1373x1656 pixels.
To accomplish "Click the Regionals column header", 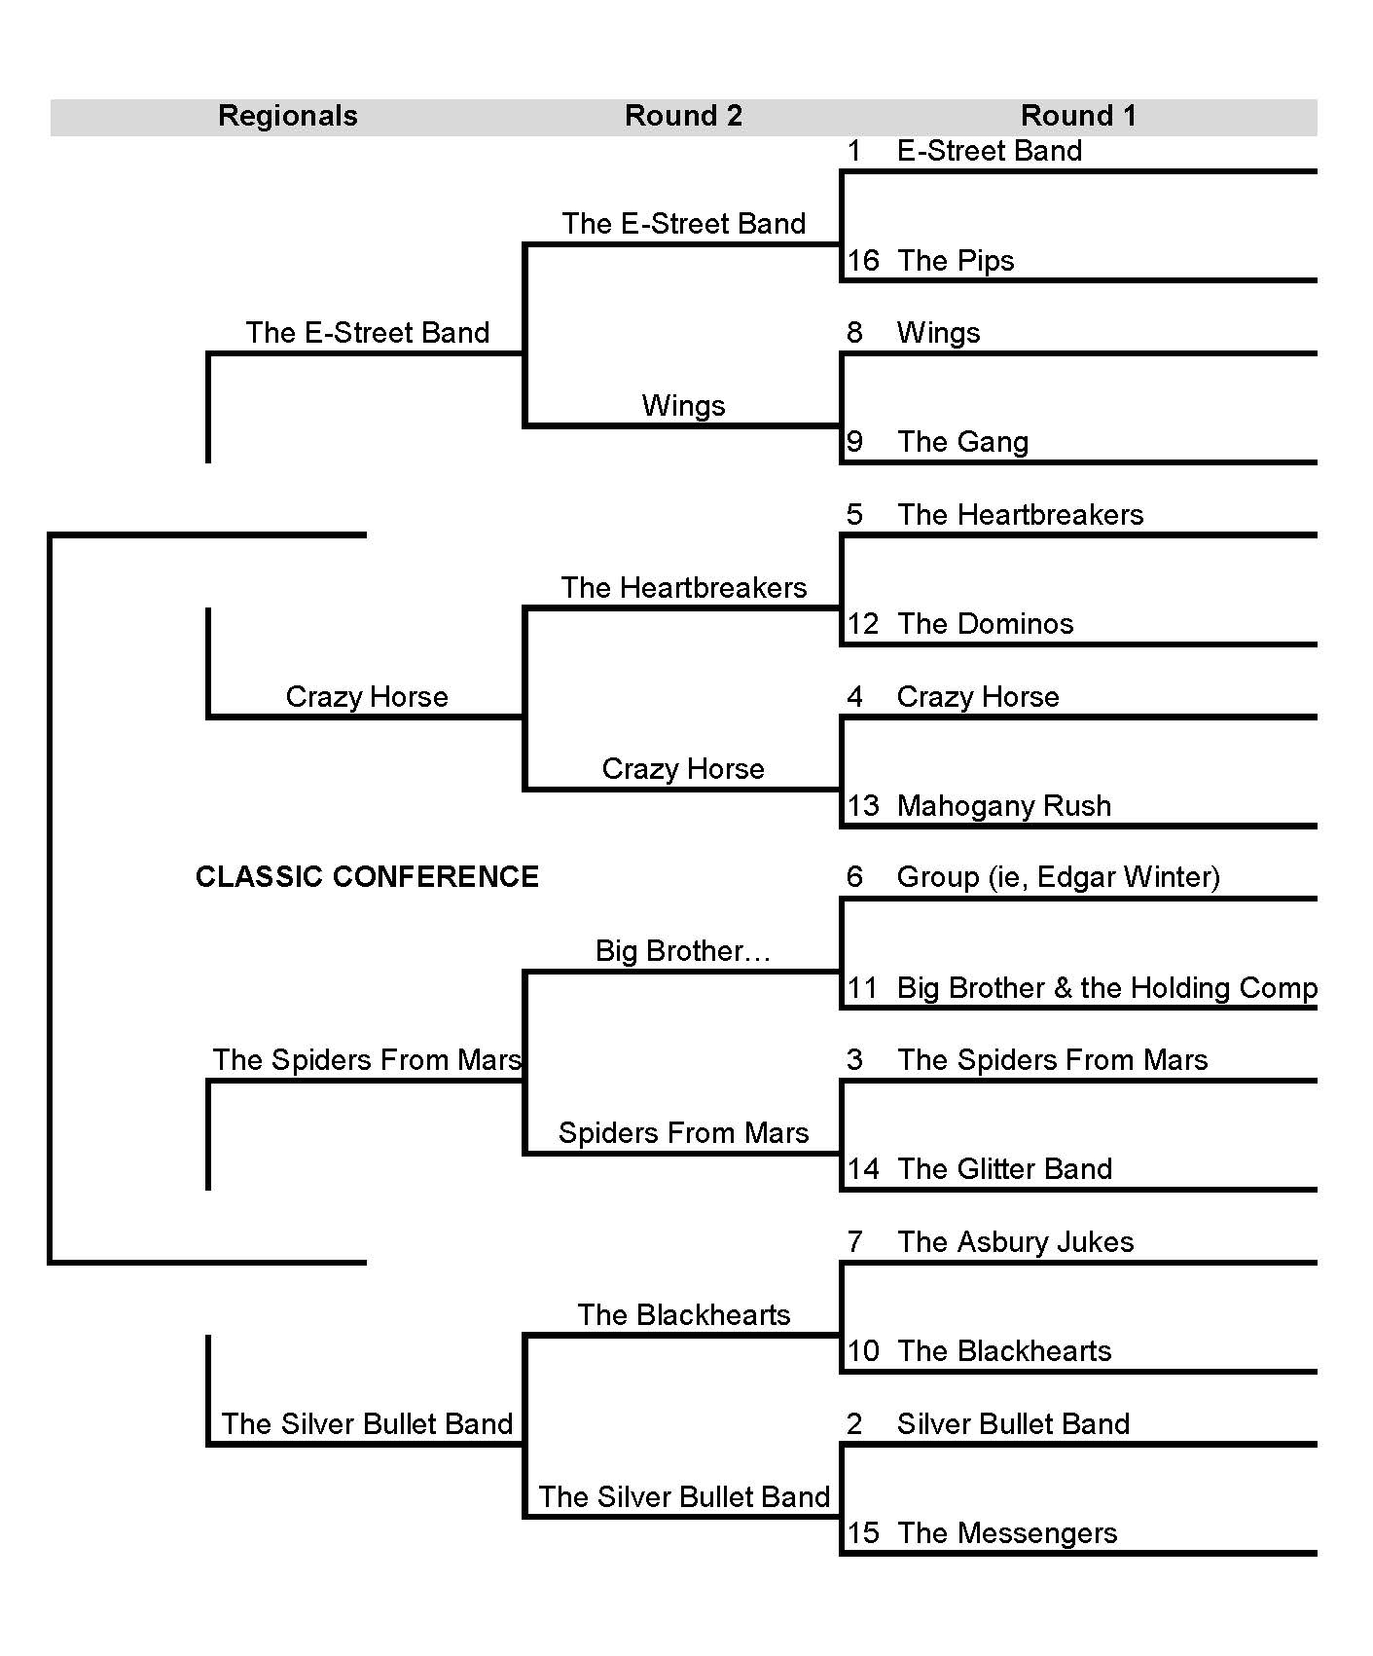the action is pyautogui.click(x=288, y=116).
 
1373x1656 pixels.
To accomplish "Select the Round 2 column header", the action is pyautogui.click(x=683, y=116).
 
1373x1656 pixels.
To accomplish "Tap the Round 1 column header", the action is pyautogui.click(x=1078, y=116).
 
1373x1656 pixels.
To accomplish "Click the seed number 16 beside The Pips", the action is pyautogui.click(x=863, y=261).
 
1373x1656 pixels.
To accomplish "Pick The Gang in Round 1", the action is pyautogui.click(x=962, y=442).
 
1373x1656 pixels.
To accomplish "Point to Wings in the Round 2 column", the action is pyautogui.click(x=683, y=405).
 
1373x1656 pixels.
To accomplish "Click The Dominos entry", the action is pyautogui.click(x=985, y=624).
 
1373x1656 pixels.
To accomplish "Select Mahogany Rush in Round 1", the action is pyautogui.click(x=1003, y=806).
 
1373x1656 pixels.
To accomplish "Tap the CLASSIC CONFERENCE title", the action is pyautogui.click(x=367, y=877).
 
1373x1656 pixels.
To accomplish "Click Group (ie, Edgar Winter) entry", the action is pyautogui.click(x=1058, y=877).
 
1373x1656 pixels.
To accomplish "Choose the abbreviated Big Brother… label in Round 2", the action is pyautogui.click(x=683, y=950).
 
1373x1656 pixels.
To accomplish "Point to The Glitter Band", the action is pyautogui.click(x=1004, y=1169).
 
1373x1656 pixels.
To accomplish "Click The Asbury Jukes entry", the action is pyautogui.click(x=1015, y=1242).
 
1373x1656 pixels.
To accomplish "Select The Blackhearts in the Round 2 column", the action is pyautogui.click(x=683, y=1315).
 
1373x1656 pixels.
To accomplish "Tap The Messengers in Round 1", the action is pyautogui.click(x=1006, y=1533).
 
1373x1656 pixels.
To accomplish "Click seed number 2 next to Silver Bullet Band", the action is pyautogui.click(x=854, y=1424).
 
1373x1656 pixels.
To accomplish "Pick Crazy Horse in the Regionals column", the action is pyautogui.click(x=367, y=697).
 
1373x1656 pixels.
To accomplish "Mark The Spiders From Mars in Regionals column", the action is pyautogui.click(x=367, y=1060).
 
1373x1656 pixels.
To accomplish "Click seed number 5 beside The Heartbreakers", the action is pyautogui.click(x=854, y=515).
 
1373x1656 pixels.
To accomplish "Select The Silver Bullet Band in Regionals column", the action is pyautogui.click(x=367, y=1424).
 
